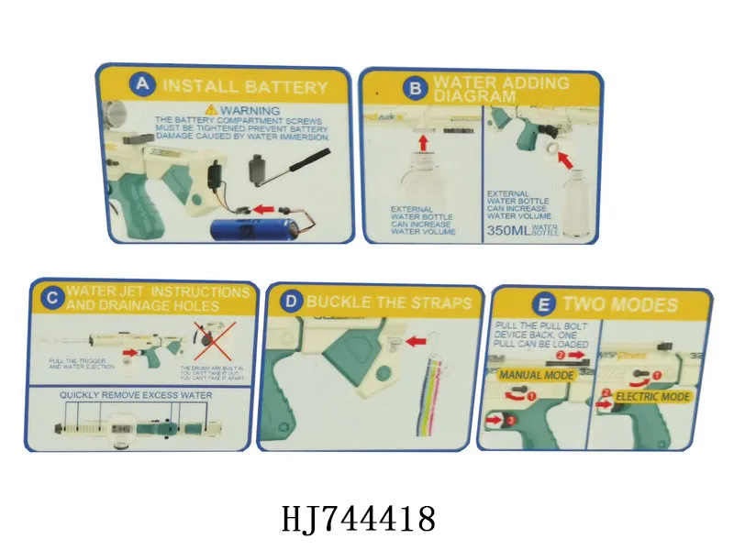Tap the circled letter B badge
click(x=414, y=89)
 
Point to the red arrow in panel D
click(x=417, y=341)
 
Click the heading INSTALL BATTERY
click(x=244, y=87)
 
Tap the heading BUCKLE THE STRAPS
click(x=389, y=302)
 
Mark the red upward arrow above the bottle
click(x=423, y=143)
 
